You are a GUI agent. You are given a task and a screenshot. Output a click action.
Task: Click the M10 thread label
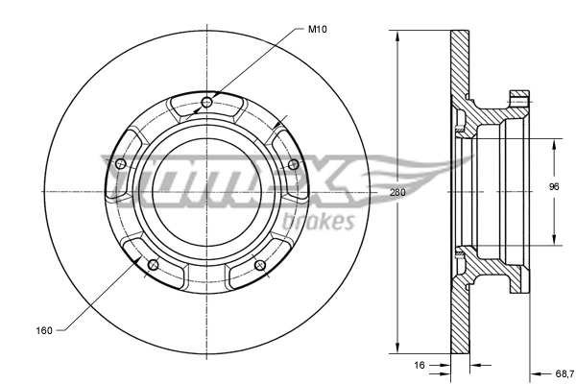click(319, 30)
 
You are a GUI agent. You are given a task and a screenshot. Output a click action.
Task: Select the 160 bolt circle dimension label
click(44, 331)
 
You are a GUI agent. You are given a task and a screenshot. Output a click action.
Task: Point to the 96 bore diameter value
click(554, 187)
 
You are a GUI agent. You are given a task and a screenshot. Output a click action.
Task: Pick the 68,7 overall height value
click(564, 372)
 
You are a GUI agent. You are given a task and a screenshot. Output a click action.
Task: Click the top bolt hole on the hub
click(206, 101)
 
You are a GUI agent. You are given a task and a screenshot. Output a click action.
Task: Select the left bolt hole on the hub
click(120, 165)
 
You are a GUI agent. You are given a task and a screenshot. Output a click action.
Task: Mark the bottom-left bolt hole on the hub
click(153, 264)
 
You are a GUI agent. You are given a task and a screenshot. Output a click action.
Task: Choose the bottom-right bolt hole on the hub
click(259, 264)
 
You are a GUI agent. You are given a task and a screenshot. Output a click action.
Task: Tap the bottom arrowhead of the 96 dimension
click(554, 240)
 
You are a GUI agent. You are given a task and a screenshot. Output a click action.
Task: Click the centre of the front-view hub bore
click(206, 192)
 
